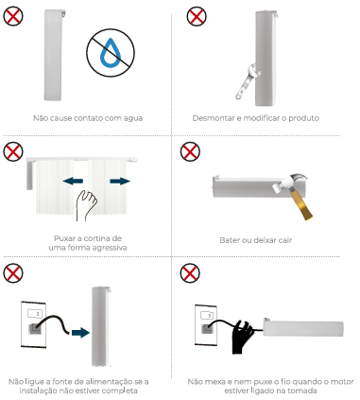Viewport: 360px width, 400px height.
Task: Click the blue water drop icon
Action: (111, 53)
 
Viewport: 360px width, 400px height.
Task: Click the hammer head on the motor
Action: (290, 183)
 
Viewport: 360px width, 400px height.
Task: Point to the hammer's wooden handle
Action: (301, 204)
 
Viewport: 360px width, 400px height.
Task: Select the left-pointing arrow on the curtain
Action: (73, 181)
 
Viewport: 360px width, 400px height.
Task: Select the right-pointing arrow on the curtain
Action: (120, 181)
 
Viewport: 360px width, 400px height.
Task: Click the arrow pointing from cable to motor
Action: (80, 333)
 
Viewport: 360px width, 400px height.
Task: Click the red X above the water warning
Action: (13, 16)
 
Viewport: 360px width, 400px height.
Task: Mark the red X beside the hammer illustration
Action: (190, 151)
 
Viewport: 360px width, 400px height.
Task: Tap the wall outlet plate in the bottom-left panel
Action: (33, 324)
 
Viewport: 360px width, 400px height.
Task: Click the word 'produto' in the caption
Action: (303, 118)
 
